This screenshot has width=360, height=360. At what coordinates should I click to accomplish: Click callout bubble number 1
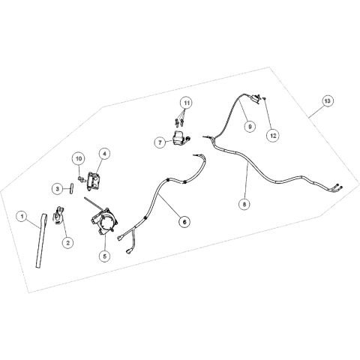coord(22,216)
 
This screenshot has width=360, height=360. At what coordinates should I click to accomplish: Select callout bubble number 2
coord(67,241)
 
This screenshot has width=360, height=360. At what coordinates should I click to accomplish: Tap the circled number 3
coord(58,189)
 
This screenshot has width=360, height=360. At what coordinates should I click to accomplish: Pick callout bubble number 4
coord(104,154)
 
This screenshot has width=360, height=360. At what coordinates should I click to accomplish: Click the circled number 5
coord(105,256)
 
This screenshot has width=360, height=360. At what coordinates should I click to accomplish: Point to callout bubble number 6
coord(184,221)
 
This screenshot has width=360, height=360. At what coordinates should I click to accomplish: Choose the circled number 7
coord(160,142)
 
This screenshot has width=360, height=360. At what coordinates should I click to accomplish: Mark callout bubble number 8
coord(244,204)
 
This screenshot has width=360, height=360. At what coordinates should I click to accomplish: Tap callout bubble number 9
coord(250,127)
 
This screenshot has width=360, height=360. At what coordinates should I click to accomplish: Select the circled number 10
coord(79,158)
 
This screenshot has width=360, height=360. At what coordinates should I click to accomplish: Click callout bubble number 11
coord(187,103)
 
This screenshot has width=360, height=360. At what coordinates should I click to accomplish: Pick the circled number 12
coord(273,136)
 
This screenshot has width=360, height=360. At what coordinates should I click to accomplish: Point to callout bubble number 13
coord(327,101)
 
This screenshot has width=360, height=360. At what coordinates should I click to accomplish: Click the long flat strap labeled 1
coord(40,241)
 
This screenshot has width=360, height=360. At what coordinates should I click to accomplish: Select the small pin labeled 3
coord(72,188)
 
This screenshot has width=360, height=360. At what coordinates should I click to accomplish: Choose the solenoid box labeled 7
coord(179,138)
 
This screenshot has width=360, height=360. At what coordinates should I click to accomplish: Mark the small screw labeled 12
coord(265,99)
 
